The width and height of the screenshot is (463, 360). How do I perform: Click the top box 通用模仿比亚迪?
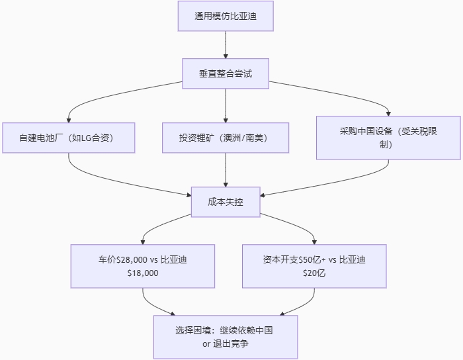(226, 16)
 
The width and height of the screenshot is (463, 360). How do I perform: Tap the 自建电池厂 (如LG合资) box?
(68, 138)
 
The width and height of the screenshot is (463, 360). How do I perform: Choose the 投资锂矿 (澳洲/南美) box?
(226, 138)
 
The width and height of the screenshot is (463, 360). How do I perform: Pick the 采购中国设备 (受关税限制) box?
(388, 138)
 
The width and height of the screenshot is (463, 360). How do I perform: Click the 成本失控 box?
(226, 202)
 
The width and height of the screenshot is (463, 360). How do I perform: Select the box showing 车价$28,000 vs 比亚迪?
(143, 266)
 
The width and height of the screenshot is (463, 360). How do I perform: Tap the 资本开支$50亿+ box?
(314, 266)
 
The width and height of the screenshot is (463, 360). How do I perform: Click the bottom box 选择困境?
(226, 337)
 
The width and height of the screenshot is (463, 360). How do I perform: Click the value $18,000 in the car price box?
(143, 273)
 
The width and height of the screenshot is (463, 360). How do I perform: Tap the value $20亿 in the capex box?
(314, 273)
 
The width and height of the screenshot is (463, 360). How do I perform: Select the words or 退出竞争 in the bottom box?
(226, 344)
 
